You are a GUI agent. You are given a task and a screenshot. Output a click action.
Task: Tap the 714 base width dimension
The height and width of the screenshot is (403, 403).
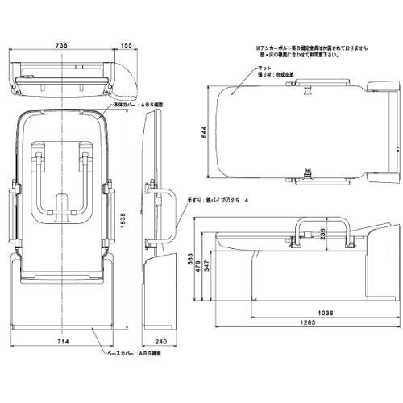62,342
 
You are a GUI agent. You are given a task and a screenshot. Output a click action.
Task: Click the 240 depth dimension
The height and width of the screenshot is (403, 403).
160,342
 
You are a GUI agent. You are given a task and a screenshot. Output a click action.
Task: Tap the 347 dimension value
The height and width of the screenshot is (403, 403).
207,268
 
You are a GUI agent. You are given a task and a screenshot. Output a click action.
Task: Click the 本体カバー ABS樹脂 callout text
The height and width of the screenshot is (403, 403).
129,104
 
